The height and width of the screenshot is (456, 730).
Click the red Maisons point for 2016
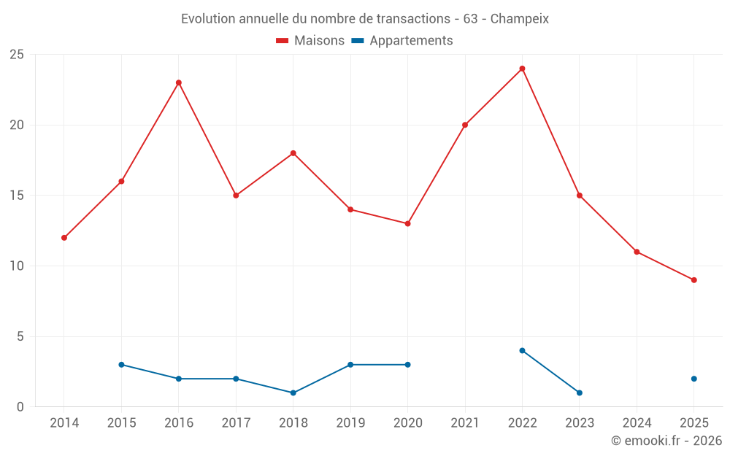pyautogui.click(x=179, y=82)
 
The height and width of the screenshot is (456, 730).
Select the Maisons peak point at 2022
pyautogui.click(x=522, y=69)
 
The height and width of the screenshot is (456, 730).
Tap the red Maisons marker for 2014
pyautogui.click(x=64, y=238)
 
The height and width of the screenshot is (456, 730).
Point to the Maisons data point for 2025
pyautogui.click(x=693, y=280)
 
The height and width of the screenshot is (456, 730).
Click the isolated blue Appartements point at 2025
pyautogui.click(x=693, y=379)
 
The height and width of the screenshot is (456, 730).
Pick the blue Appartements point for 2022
pyautogui.click(x=522, y=350)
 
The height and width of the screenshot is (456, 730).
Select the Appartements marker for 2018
pyautogui.click(x=293, y=393)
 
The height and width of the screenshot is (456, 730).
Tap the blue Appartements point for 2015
pyautogui.click(x=121, y=365)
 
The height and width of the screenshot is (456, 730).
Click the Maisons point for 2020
pyautogui.click(x=407, y=223)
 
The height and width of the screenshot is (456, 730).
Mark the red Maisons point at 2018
pyautogui.click(x=293, y=153)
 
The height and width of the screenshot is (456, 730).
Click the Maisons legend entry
pyautogui.click(x=310, y=41)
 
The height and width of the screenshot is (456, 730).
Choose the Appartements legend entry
pyautogui.click(x=403, y=41)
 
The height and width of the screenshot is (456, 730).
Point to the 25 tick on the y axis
pyautogui.click(x=17, y=55)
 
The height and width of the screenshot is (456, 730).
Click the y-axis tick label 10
pyautogui.click(x=17, y=266)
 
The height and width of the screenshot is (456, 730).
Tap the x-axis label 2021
pyautogui.click(x=465, y=422)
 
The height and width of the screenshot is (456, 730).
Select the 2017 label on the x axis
pyautogui.click(x=236, y=422)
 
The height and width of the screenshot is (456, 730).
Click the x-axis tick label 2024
pyautogui.click(x=637, y=422)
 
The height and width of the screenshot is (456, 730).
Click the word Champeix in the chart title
pyautogui.click(x=519, y=18)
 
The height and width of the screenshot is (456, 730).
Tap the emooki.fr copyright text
pyautogui.click(x=666, y=441)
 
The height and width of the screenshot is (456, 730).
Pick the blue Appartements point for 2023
pyautogui.click(x=579, y=393)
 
